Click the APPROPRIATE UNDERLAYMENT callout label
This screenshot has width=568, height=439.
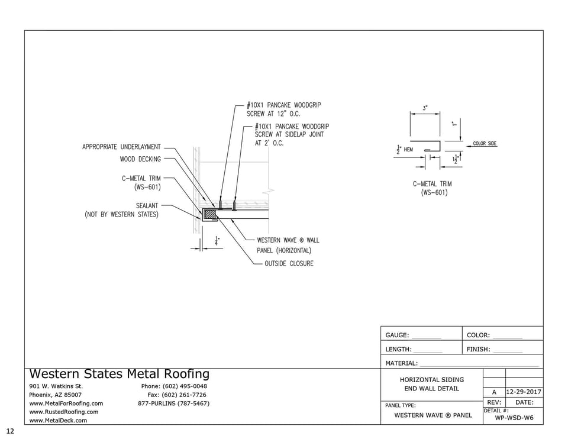121,147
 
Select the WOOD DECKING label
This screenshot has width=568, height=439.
140,159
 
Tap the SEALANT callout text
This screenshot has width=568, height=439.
147,206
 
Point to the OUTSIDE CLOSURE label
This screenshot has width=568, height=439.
289,263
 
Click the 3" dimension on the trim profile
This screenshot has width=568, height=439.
425,108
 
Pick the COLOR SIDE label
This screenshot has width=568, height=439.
485,144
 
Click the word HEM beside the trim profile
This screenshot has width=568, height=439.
408,150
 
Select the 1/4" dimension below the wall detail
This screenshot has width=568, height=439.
217,241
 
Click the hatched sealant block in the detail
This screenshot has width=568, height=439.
209,214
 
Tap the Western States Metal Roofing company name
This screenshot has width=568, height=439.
120,374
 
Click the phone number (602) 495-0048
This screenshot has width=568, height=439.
174,386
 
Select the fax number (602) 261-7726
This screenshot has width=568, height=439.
177,395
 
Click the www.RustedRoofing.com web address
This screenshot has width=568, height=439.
64,412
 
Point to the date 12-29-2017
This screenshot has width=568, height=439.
524,392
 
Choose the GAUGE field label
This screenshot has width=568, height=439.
398,335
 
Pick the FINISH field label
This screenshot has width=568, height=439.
478,350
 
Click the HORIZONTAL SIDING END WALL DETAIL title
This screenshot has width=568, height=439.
432,384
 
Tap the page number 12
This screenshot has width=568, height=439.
9,430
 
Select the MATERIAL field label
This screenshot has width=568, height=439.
401,363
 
